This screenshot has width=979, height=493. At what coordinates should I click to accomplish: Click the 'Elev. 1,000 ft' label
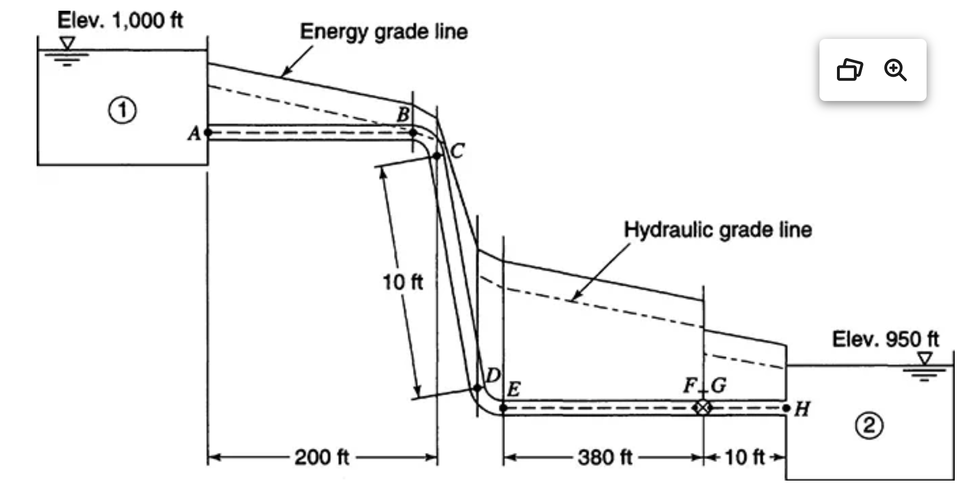pyautogui.click(x=120, y=20)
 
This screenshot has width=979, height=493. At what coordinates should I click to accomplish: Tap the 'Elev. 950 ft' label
pyautogui.click(x=885, y=339)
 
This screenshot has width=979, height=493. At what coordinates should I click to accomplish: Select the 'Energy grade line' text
pyautogui.click(x=383, y=32)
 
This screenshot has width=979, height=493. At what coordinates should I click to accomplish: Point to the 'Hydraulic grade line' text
pyautogui.click(x=717, y=230)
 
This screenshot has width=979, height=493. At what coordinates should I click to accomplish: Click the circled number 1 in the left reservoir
pyautogui.click(x=122, y=110)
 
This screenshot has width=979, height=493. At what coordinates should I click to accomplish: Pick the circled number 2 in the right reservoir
pyautogui.click(x=869, y=425)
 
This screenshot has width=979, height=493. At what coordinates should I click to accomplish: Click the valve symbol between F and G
pyautogui.click(x=702, y=407)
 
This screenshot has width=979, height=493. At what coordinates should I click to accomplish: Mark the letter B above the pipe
pyautogui.click(x=403, y=115)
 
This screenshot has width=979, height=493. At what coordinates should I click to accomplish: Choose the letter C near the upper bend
pyautogui.click(x=457, y=151)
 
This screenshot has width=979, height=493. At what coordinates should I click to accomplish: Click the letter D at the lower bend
pyautogui.click(x=493, y=375)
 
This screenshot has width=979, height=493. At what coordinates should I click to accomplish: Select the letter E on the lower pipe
pyautogui.click(x=513, y=389)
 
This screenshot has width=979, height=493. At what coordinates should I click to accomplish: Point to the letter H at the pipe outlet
pyautogui.click(x=802, y=409)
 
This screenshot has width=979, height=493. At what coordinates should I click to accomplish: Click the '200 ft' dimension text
pyautogui.click(x=322, y=457)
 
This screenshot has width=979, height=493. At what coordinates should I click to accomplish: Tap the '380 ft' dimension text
pyautogui.click(x=605, y=457)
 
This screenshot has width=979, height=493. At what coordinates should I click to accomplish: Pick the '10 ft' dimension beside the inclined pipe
pyautogui.click(x=402, y=281)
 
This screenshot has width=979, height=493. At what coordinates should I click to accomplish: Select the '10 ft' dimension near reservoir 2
pyautogui.click(x=744, y=457)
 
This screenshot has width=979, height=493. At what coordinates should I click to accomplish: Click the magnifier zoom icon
pyautogui.click(x=895, y=70)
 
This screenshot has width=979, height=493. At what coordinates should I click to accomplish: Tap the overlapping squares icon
pyautogui.click(x=850, y=70)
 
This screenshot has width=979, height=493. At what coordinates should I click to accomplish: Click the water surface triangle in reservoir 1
pyautogui.click(x=68, y=43)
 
